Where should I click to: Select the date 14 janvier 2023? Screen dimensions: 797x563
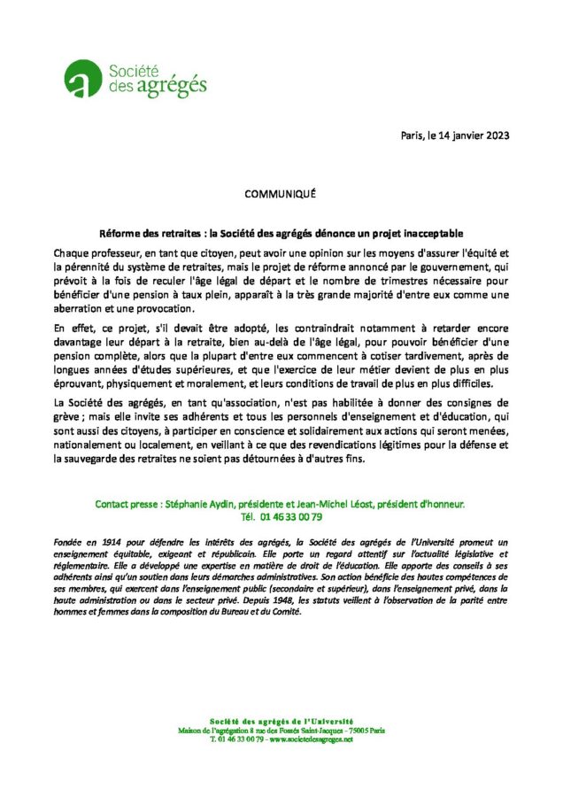point(474,135)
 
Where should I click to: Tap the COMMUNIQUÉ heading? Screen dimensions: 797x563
point(281,192)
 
